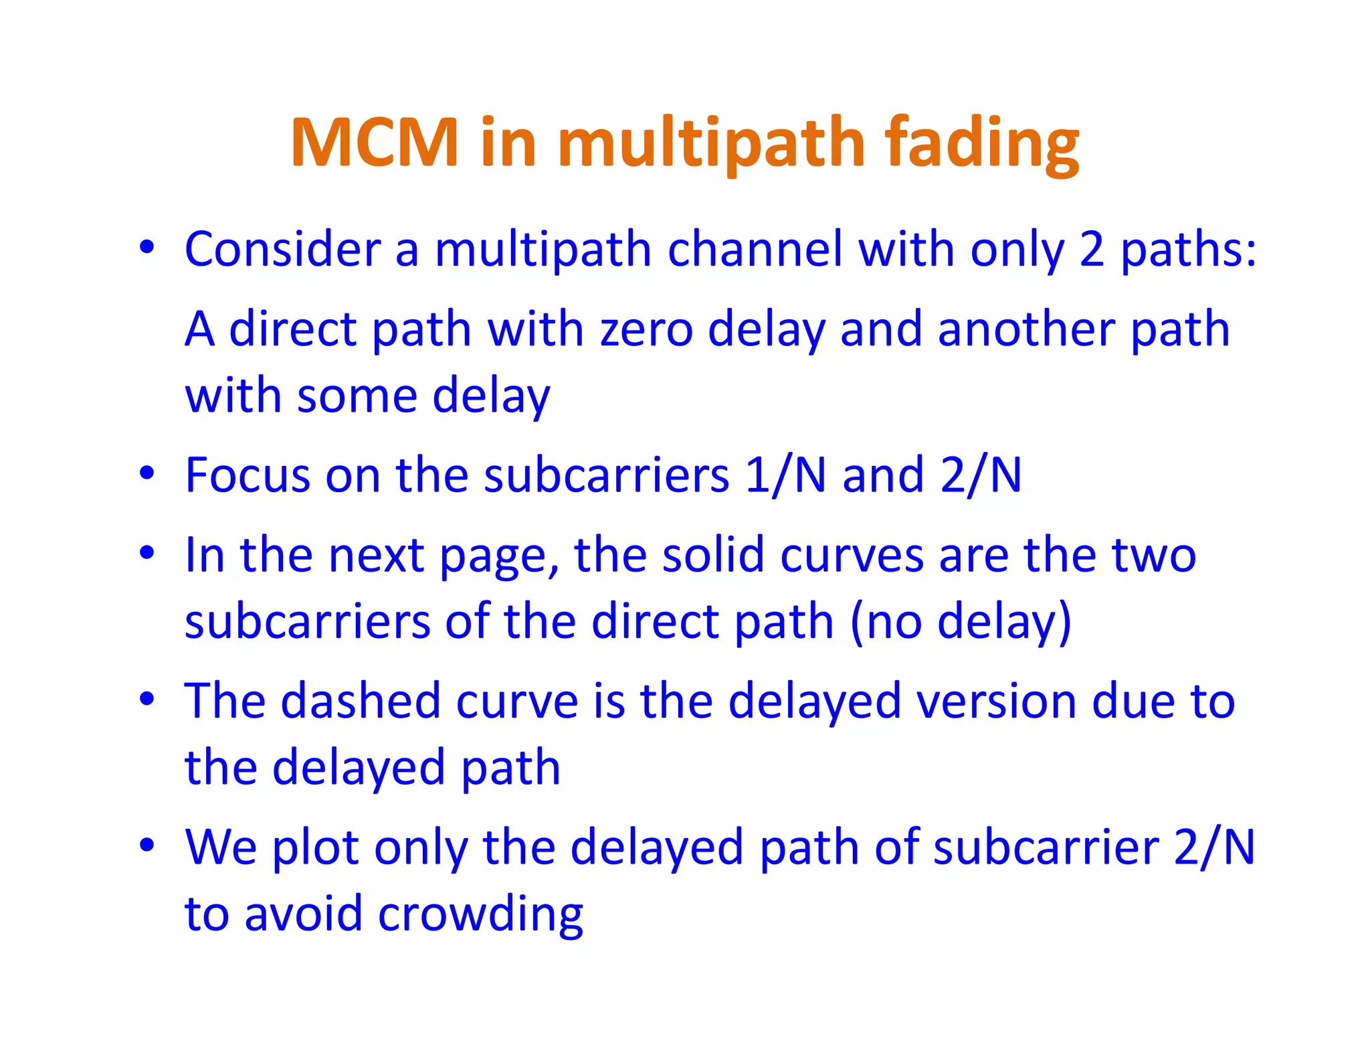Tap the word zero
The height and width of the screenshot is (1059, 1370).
[x=646, y=329]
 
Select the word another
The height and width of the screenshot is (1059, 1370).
[x=1026, y=329]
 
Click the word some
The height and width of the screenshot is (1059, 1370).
[x=356, y=396]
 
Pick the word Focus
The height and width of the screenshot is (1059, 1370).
[x=248, y=475]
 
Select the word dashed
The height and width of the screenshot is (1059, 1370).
[x=361, y=701]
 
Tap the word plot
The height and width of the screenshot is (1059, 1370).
[x=315, y=847]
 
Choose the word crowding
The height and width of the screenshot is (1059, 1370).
[x=480, y=914]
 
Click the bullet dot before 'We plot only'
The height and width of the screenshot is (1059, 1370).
[x=146, y=845]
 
